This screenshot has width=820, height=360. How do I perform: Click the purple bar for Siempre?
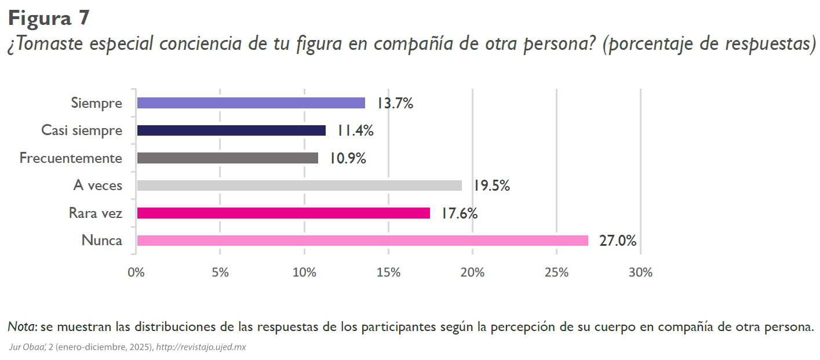(x=251, y=103)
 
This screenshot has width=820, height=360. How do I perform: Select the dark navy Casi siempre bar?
(x=231, y=130)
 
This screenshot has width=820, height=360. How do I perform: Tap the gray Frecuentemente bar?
(x=227, y=158)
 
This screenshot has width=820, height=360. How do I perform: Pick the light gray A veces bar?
(x=299, y=186)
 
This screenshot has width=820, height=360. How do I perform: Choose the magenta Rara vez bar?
(x=283, y=213)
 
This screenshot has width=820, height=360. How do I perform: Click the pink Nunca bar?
(x=362, y=241)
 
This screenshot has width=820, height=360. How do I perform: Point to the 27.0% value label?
(x=618, y=241)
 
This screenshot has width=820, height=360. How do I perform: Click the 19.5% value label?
(x=491, y=186)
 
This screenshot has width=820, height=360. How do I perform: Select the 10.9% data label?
(x=348, y=158)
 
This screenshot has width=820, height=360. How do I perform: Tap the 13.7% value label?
(x=395, y=104)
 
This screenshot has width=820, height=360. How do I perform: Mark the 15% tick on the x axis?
(x=388, y=272)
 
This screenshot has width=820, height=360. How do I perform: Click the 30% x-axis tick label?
(x=640, y=272)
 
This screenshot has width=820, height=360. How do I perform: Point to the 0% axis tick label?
(x=136, y=272)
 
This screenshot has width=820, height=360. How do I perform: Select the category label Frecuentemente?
(x=71, y=158)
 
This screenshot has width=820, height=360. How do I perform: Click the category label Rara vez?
(x=95, y=213)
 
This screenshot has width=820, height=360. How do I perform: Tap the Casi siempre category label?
(x=82, y=130)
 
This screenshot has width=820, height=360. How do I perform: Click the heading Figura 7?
(x=49, y=18)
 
